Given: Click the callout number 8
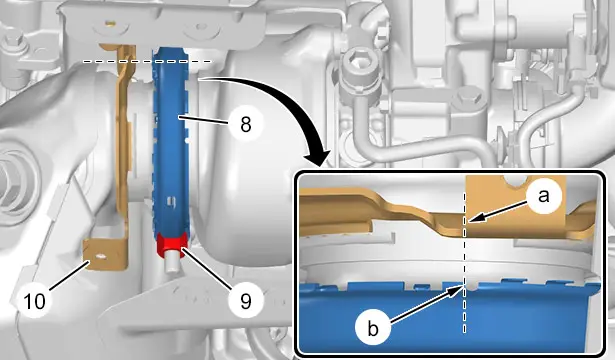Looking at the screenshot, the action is point(246,126).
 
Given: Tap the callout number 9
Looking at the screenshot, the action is point(246,301).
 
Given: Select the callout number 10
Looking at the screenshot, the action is point(35,302).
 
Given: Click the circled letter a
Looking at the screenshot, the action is point(543,196).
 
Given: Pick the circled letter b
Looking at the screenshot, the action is point(373,329).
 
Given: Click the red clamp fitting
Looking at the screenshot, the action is point(173,245).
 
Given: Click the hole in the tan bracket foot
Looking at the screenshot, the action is point(100,256).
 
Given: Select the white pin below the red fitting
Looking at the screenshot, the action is point(172,264).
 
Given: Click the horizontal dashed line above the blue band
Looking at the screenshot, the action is point(147,62).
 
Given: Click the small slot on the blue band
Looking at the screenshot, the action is point(171,201).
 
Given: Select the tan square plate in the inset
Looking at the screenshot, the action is point(515,206).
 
